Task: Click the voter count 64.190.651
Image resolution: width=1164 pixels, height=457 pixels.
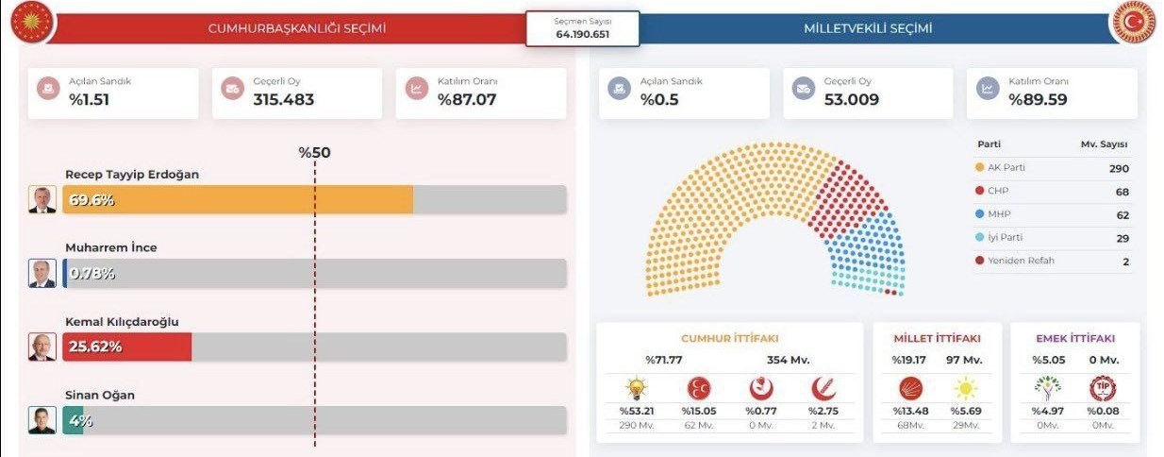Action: [x=582, y=34]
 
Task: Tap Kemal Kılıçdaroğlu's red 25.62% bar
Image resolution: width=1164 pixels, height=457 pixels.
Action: [x=127, y=347]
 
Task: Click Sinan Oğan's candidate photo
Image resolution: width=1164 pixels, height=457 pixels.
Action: [x=42, y=420]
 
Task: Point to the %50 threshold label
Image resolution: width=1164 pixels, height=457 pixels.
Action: [x=315, y=153]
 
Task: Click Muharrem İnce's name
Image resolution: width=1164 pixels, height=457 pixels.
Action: [x=111, y=247]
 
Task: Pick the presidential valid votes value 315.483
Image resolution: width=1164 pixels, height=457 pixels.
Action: [x=283, y=99]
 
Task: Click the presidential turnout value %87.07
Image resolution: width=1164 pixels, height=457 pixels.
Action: [x=467, y=99]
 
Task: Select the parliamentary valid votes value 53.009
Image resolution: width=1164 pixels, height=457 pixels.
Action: [x=852, y=99]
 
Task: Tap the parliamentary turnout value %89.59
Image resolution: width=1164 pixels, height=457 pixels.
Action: [x=1038, y=99]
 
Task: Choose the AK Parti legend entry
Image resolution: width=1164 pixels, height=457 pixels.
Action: [x=1006, y=168]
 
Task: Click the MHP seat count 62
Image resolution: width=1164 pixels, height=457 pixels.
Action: [x=1122, y=215]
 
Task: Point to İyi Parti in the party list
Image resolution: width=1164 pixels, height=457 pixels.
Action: [x=1005, y=238]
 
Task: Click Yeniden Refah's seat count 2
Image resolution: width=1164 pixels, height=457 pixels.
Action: [x=1125, y=262]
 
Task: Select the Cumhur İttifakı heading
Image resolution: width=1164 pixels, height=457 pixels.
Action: [x=729, y=338]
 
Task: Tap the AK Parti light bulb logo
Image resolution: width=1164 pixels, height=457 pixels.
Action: [x=636, y=388]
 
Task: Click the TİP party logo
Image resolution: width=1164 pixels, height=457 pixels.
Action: [x=1102, y=388]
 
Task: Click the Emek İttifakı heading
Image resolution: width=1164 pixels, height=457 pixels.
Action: [x=1075, y=338]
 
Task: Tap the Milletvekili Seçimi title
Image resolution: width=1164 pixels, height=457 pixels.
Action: [x=868, y=28]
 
